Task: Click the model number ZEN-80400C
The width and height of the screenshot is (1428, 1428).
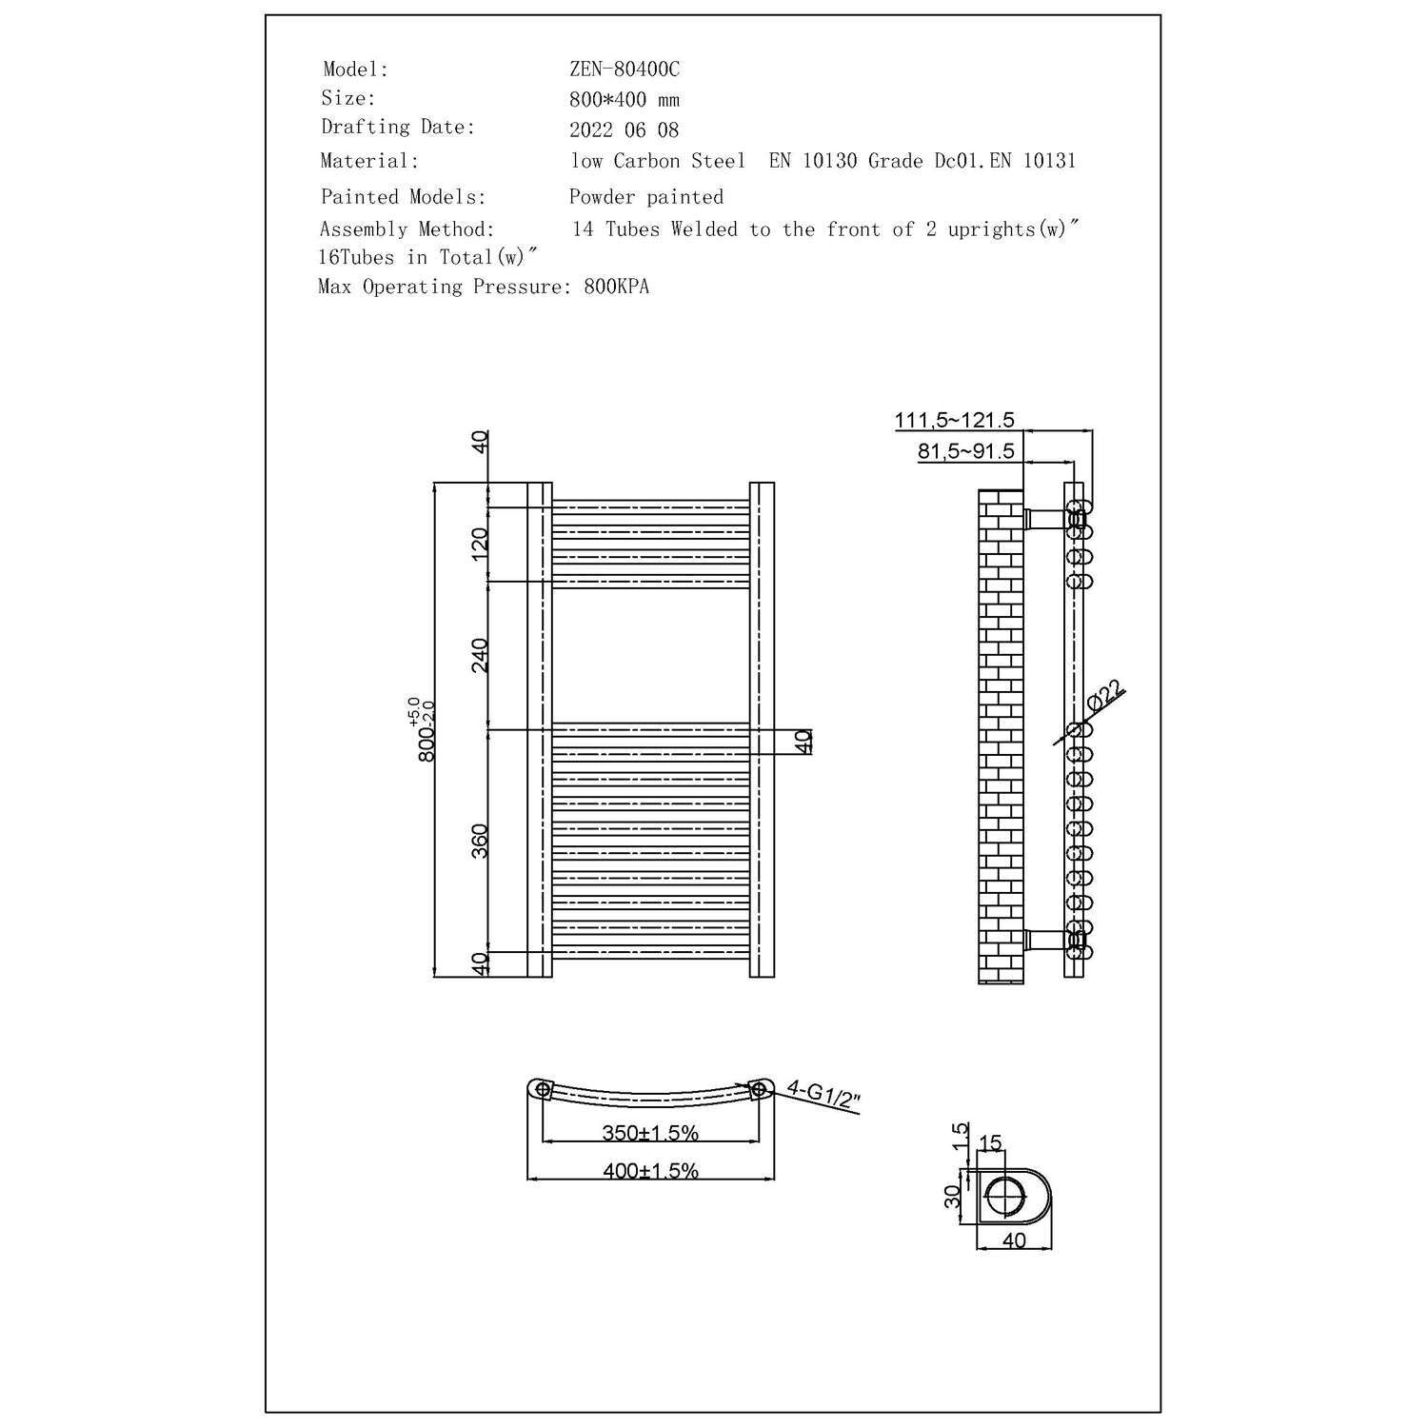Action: coord(625,69)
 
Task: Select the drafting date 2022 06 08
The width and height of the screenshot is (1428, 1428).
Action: coord(624,130)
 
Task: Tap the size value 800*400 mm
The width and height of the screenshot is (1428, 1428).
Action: coord(625,100)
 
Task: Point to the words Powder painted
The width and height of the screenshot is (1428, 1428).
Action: coord(646,197)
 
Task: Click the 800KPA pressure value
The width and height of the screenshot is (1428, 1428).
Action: coord(617,287)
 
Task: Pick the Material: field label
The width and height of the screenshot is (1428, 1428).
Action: coord(369,161)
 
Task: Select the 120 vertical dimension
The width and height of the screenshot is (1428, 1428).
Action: coord(480,544)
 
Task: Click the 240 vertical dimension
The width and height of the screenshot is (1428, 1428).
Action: coord(480,655)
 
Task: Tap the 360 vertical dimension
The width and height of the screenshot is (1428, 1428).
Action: coord(480,841)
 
